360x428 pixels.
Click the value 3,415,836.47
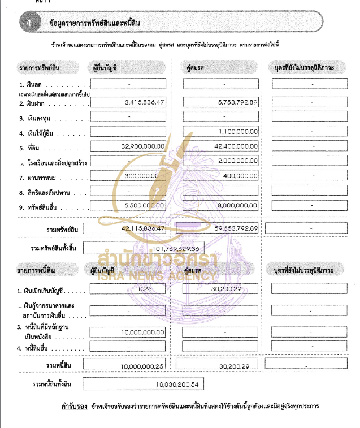[144, 102]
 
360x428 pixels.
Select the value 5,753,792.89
[237, 102]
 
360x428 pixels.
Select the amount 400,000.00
[242, 176]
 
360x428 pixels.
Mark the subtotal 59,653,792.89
[237, 228]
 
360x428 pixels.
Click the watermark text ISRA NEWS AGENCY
[157, 276]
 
